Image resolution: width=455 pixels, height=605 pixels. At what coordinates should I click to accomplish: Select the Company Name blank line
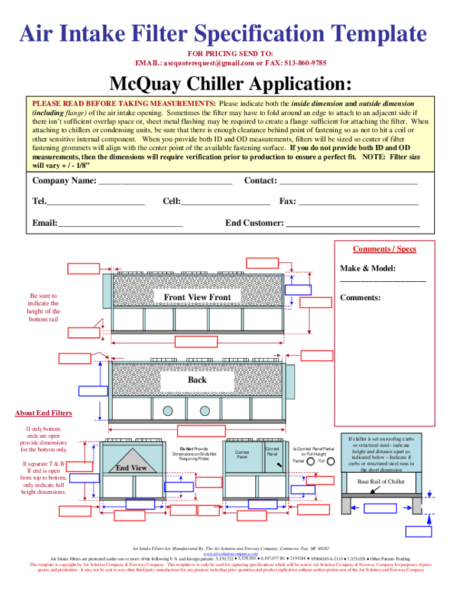(165, 181)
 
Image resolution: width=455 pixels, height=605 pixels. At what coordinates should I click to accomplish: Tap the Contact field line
(348, 181)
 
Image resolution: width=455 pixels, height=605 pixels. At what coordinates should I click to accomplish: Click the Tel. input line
(96, 202)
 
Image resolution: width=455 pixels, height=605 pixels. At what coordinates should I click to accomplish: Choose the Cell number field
(226, 202)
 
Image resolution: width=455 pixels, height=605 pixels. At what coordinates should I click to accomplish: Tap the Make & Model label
(368, 268)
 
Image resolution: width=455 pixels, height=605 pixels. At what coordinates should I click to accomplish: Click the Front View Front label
(197, 297)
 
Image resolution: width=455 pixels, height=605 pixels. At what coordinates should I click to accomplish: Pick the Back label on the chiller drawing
(197, 380)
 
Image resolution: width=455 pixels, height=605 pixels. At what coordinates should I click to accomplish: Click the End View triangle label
(131, 467)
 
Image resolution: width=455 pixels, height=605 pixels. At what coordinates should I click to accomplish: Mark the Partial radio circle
(310, 460)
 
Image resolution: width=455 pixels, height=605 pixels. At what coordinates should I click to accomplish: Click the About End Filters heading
(43, 413)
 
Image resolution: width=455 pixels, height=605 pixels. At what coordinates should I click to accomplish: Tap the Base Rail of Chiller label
(381, 482)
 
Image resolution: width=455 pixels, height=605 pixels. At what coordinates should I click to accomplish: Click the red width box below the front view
(193, 341)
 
